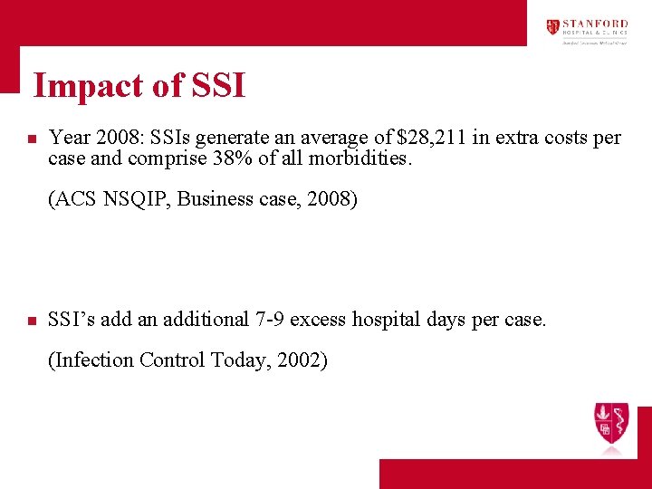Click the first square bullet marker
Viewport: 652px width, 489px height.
click(x=31, y=140)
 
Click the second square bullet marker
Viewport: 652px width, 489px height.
click(x=31, y=321)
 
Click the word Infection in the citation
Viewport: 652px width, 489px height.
click(x=92, y=360)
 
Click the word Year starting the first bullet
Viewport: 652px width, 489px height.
click(x=69, y=138)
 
